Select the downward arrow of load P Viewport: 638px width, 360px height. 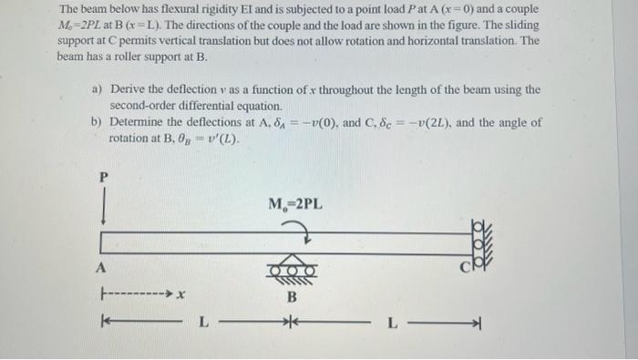(x=104, y=213)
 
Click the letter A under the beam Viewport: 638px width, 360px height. (x=103, y=267)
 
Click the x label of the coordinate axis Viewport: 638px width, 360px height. (x=181, y=294)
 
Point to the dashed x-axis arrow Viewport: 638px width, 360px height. (x=137, y=294)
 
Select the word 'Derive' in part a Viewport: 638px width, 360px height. (x=128, y=89)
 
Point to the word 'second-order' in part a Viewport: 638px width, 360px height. (x=145, y=105)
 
